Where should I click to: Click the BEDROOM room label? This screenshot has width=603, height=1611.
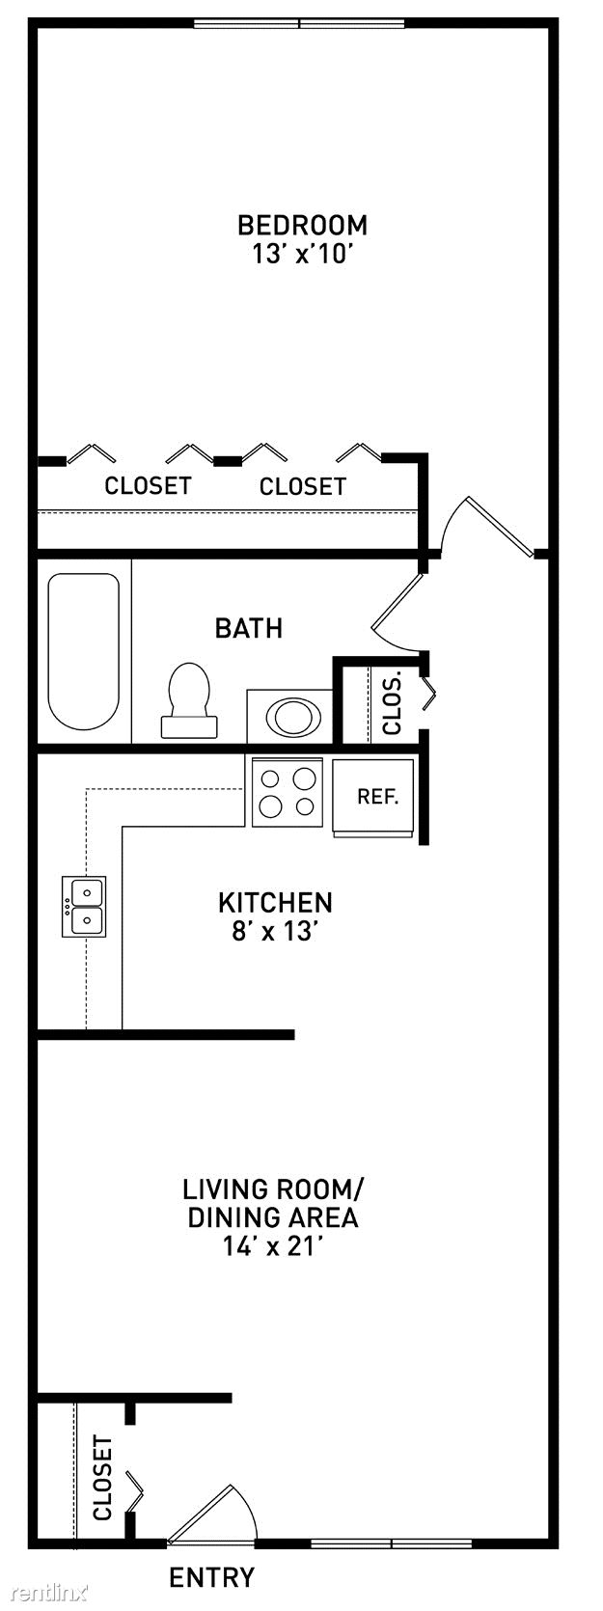point(302,225)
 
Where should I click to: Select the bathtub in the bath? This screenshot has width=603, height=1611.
point(83,652)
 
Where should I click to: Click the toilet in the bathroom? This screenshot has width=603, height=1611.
point(189,699)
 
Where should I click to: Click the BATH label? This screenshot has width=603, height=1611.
point(249,628)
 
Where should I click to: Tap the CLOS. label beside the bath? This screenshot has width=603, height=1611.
point(392,703)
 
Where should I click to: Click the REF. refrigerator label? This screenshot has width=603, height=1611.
point(378,797)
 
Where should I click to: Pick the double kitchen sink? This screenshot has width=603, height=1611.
point(84,906)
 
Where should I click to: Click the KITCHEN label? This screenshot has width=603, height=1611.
point(276,902)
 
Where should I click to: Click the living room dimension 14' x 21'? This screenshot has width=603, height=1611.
point(270,1246)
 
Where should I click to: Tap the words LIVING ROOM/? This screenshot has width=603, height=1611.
point(274,1188)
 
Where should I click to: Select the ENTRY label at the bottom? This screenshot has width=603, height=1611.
point(211,1577)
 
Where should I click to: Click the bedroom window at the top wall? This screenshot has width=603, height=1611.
point(299,24)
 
